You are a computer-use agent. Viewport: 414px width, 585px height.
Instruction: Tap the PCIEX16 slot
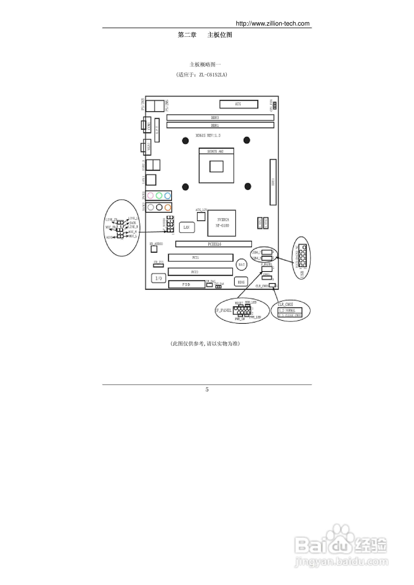[214, 244]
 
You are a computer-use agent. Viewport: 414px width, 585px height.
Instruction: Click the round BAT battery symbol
[241, 265]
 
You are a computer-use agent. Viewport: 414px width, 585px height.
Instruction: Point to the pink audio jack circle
[151, 195]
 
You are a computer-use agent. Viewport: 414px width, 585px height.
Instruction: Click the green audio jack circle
[159, 195]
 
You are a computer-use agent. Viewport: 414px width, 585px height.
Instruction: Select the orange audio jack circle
[168, 207]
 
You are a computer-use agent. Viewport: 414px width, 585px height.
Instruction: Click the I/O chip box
[158, 278]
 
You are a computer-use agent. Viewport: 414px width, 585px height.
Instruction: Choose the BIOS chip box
[241, 282]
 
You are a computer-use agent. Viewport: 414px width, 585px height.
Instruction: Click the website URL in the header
[272, 24]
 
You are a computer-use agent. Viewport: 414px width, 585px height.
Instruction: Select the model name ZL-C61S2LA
[212, 75]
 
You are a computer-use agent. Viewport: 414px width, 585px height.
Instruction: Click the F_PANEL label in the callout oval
[224, 310]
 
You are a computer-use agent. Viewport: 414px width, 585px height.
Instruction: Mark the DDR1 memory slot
[220, 125]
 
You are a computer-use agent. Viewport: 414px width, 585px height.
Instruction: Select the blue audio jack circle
[167, 195]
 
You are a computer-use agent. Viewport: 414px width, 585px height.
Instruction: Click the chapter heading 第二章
[187, 35]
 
